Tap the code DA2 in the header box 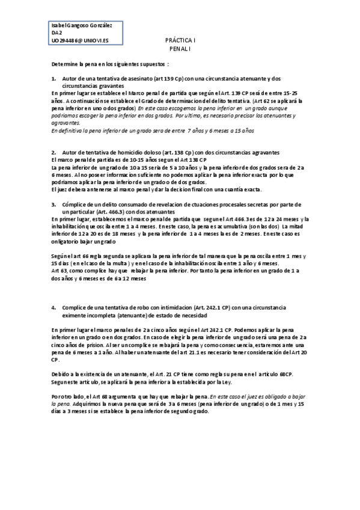57,34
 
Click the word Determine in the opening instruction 64,63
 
